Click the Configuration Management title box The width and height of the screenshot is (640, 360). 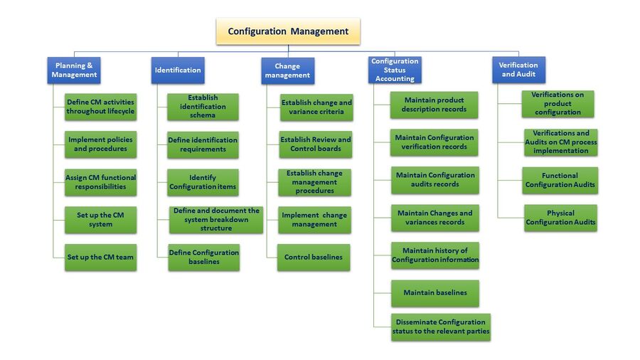click(288, 31)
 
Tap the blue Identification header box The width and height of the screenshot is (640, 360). click(178, 70)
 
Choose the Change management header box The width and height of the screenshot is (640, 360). click(287, 70)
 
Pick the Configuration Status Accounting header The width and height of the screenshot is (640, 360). click(395, 70)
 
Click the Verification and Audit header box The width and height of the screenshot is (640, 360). click(518, 70)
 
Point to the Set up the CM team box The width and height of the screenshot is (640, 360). click(100, 257)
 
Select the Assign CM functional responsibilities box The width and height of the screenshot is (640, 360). click(100, 182)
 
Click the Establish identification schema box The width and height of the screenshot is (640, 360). click(203, 107)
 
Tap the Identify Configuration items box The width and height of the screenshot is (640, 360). click(203, 182)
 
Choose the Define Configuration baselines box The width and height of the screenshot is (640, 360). click(204, 257)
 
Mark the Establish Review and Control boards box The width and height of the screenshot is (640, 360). click(316, 144)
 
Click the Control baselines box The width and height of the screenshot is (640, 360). click(314, 257)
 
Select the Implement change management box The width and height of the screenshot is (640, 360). click(314, 219)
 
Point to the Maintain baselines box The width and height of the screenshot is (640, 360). click(434, 292)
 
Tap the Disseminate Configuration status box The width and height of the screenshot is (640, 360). click(440, 327)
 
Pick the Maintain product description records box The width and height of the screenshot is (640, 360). click(434, 105)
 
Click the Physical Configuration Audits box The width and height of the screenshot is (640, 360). click(560, 218)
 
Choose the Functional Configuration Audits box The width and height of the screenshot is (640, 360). click(560, 180)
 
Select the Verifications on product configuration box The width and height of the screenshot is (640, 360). click(558, 104)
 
